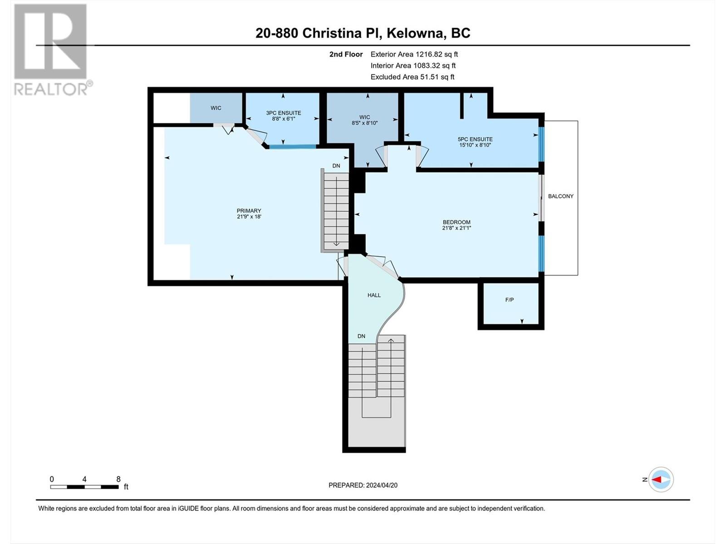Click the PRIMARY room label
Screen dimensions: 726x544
(x=249, y=211)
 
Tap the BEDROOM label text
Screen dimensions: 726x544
(x=456, y=222)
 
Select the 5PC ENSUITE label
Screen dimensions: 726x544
(x=475, y=139)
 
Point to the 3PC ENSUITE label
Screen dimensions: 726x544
(x=284, y=113)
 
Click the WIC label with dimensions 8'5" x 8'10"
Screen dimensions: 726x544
(x=364, y=117)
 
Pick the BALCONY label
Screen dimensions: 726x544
(x=561, y=196)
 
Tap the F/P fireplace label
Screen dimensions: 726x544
(x=510, y=300)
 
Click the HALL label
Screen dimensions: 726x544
(x=374, y=295)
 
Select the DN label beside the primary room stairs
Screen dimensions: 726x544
(x=336, y=166)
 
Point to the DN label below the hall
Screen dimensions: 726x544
(x=361, y=336)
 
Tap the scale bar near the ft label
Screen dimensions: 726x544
(x=84, y=487)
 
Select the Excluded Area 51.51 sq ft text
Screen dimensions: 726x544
(x=412, y=77)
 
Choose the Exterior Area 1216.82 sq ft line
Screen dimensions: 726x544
(x=414, y=54)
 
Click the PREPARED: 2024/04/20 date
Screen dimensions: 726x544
(x=363, y=485)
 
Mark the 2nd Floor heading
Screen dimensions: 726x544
(x=346, y=54)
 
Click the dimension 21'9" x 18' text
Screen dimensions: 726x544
(x=249, y=217)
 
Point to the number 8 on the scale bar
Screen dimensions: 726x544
(x=118, y=479)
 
